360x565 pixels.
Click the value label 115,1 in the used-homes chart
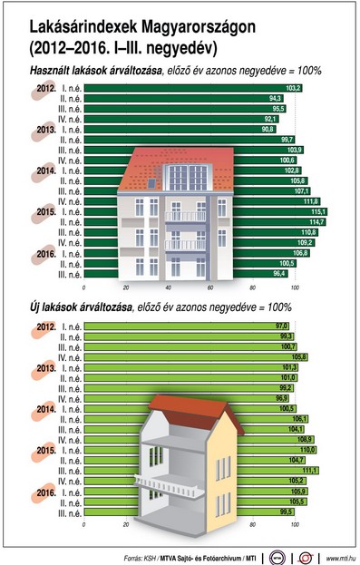[x=318, y=211]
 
